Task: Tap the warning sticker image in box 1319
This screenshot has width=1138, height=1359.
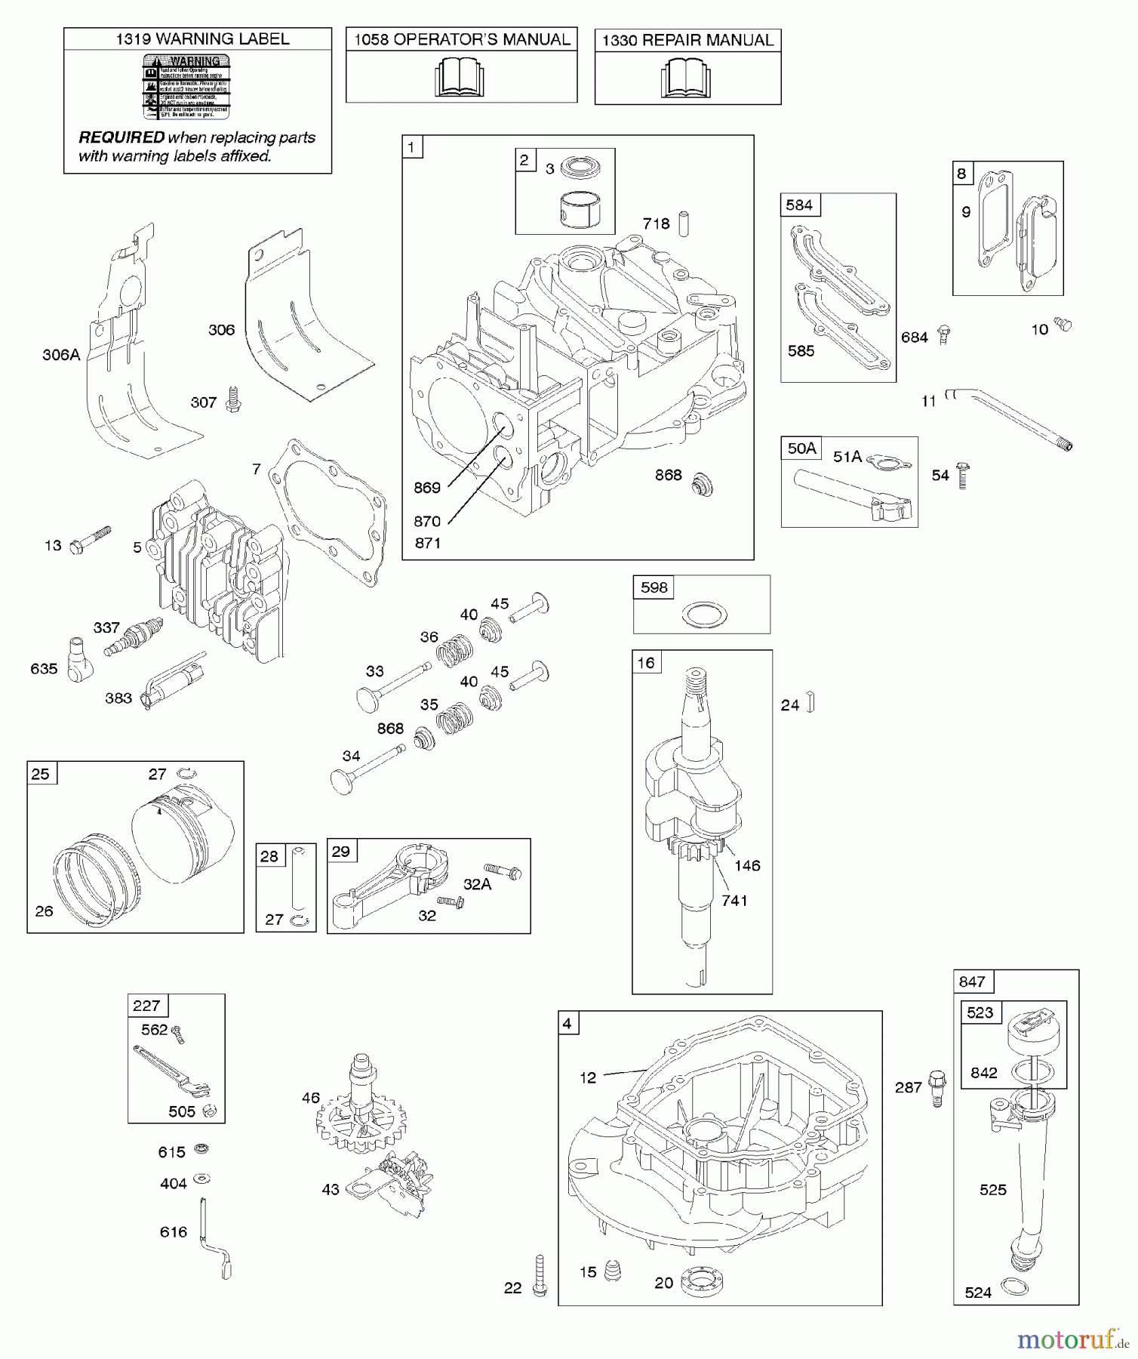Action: pyautogui.click(x=186, y=87)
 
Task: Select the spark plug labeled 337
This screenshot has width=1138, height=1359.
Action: pyautogui.click(x=134, y=638)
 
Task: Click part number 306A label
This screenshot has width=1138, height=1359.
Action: pyautogui.click(x=61, y=354)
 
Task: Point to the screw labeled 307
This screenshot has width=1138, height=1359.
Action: pyautogui.click(x=233, y=399)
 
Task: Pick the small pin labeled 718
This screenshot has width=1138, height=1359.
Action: pyautogui.click(x=684, y=223)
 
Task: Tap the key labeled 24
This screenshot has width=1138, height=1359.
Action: pyautogui.click(x=810, y=703)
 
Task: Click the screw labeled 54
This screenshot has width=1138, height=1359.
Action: pyautogui.click(x=962, y=476)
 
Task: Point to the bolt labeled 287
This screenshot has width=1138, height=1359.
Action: pyautogui.click(x=937, y=1087)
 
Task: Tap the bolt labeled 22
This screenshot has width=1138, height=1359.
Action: pyautogui.click(x=539, y=1276)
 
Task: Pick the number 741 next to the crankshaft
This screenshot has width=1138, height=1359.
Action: pyautogui.click(x=734, y=900)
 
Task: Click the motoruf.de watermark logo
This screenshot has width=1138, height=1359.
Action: pyautogui.click(x=1071, y=1340)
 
